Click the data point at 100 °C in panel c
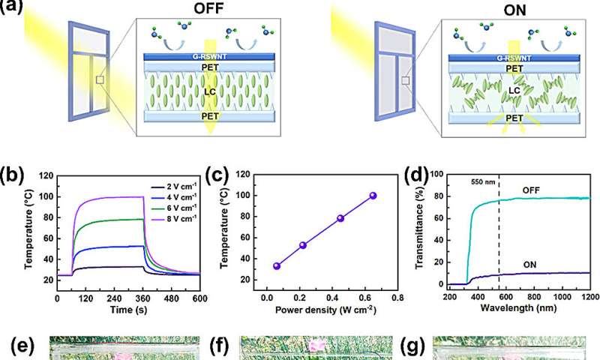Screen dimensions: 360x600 (373, 195)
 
